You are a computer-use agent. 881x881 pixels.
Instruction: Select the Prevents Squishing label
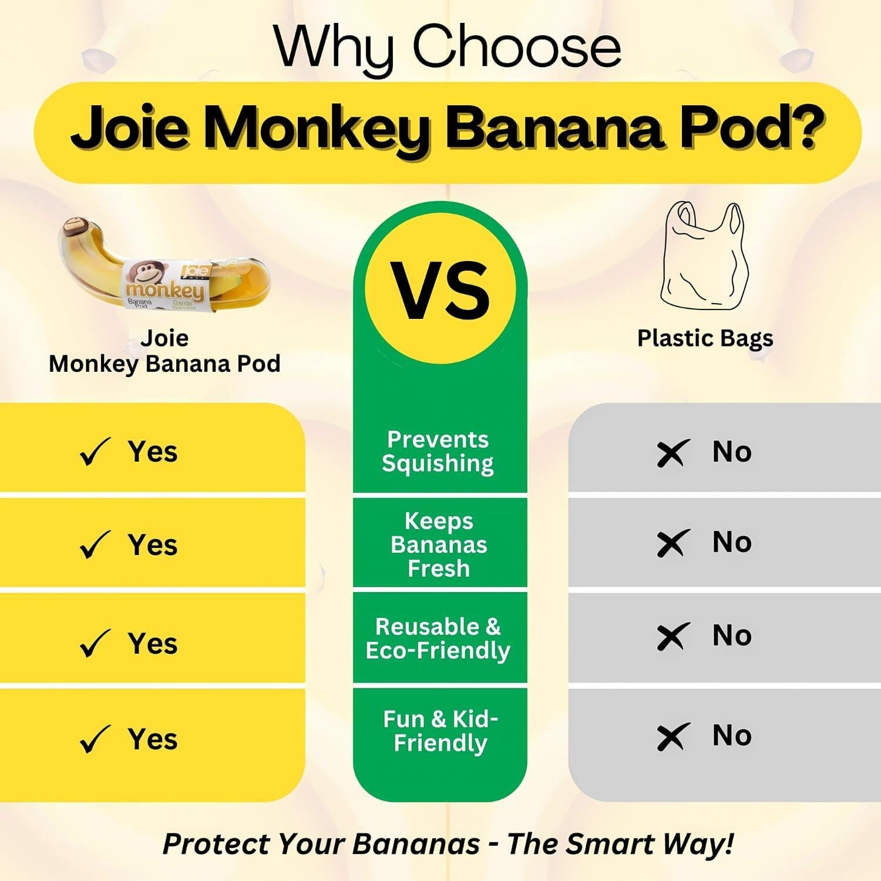(x=438, y=451)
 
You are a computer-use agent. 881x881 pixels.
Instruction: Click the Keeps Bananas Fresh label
(x=439, y=544)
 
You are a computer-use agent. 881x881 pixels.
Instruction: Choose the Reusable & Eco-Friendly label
(x=438, y=638)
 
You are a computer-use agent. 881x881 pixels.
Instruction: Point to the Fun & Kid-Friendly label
(x=441, y=731)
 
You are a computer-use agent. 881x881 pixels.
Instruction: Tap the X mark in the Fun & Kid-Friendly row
(x=672, y=737)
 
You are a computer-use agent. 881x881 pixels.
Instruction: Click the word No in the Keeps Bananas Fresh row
(x=732, y=542)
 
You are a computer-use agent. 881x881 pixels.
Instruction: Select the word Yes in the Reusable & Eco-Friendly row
(x=153, y=643)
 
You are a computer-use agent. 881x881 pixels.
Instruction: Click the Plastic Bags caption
(x=705, y=338)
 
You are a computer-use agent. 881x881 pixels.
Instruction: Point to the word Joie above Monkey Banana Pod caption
(x=164, y=338)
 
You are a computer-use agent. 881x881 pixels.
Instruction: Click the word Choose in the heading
(x=517, y=47)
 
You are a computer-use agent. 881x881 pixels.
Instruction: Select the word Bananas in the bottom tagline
(x=418, y=845)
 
